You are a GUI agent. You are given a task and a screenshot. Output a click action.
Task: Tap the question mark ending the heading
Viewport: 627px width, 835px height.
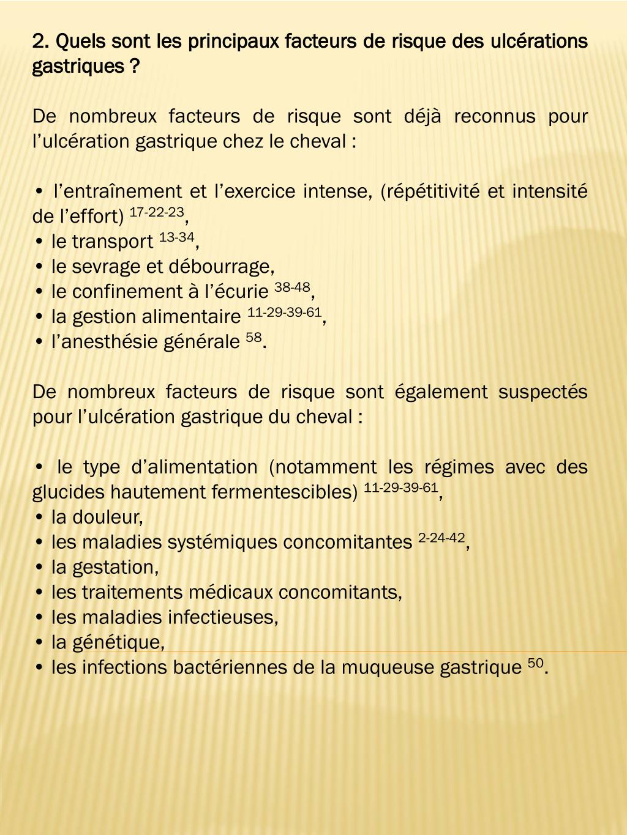click(135, 66)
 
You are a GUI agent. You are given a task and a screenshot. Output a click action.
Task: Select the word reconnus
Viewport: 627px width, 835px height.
click(494, 116)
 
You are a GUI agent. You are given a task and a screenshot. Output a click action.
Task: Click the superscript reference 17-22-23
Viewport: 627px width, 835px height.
click(157, 212)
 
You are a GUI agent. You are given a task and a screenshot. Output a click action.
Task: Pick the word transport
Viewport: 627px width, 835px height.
click(112, 242)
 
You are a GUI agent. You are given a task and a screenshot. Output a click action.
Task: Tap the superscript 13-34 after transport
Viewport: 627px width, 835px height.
click(176, 237)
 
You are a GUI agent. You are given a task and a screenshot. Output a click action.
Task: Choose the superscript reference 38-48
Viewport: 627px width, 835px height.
click(292, 288)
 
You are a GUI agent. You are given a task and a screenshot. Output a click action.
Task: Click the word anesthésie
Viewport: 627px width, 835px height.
click(106, 341)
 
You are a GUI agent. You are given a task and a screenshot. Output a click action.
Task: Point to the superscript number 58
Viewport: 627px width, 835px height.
click(253, 337)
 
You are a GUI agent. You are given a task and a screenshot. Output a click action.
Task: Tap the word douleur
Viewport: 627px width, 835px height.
click(107, 518)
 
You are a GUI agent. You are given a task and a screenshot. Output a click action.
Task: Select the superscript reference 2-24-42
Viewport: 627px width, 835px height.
click(441, 538)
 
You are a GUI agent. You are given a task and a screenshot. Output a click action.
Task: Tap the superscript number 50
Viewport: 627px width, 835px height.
click(535, 663)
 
